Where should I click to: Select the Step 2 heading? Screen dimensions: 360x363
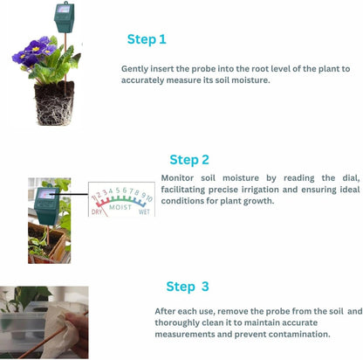189,160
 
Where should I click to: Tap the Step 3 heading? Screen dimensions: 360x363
188,286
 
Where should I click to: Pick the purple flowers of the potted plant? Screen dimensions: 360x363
39,54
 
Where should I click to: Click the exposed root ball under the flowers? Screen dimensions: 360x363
54,103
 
